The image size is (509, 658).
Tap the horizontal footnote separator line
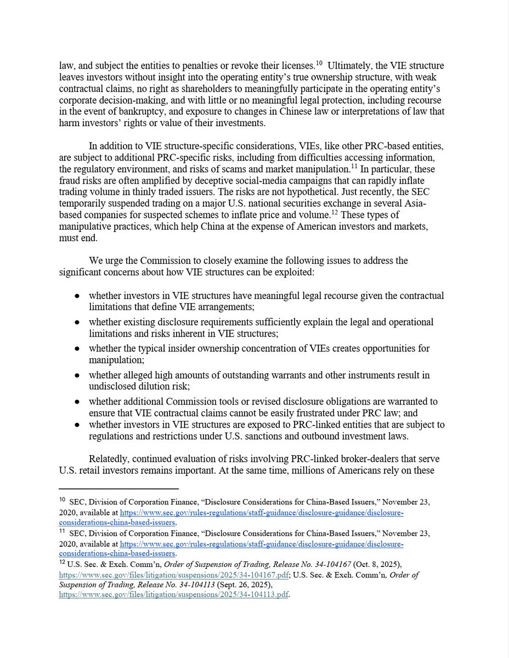coord(118,489)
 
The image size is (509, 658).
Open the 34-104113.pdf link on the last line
coord(174,595)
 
